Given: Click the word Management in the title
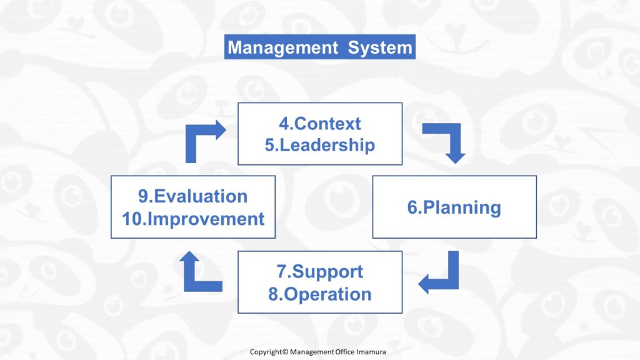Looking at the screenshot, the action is click(x=283, y=47).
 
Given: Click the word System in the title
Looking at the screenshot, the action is click(x=380, y=47).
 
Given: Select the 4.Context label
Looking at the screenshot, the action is click(x=320, y=123).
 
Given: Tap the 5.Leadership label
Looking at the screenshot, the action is click(x=320, y=145).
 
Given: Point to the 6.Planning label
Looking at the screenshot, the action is click(x=454, y=207).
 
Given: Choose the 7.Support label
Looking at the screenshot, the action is click(x=320, y=272).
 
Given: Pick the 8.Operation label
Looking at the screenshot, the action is click(x=320, y=294).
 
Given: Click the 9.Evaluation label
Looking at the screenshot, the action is click(x=193, y=196).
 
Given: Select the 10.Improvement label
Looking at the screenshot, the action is click(x=193, y=219).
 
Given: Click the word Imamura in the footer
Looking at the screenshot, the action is click(x=371, y=352).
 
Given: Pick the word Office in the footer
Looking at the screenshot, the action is click(x=345, y=352).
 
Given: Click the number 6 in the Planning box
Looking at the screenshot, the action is click(x=412, y=207).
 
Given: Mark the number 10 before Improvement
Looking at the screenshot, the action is click(x=131, y=219).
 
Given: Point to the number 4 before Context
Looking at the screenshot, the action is click(x=284, y=124).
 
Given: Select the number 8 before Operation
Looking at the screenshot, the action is click(x=273, y=294).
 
